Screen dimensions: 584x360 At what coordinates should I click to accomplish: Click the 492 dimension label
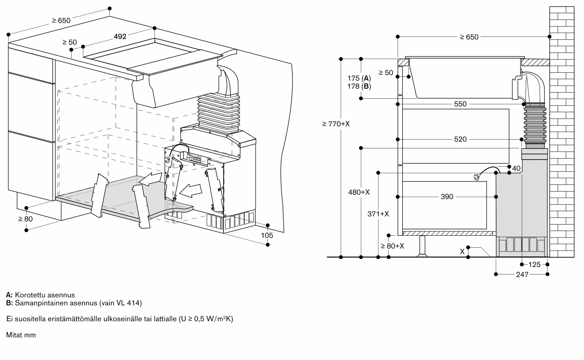point(120,36)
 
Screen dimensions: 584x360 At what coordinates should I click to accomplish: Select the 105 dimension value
point(267,235)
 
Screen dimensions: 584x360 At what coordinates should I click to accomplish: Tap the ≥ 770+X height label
point(336,124)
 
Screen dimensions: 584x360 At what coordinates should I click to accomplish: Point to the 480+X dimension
point(359,192)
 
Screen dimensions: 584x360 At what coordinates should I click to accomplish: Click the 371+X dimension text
point(378,214)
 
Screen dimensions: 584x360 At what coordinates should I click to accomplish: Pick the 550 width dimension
point(460,104)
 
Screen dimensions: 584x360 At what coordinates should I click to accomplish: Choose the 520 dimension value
point(460,139)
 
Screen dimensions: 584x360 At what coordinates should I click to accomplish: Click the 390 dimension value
point(447,197)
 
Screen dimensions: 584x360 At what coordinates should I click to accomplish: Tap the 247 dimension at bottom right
point(522,274)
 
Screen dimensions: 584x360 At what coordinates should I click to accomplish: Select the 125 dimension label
point(534,265)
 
